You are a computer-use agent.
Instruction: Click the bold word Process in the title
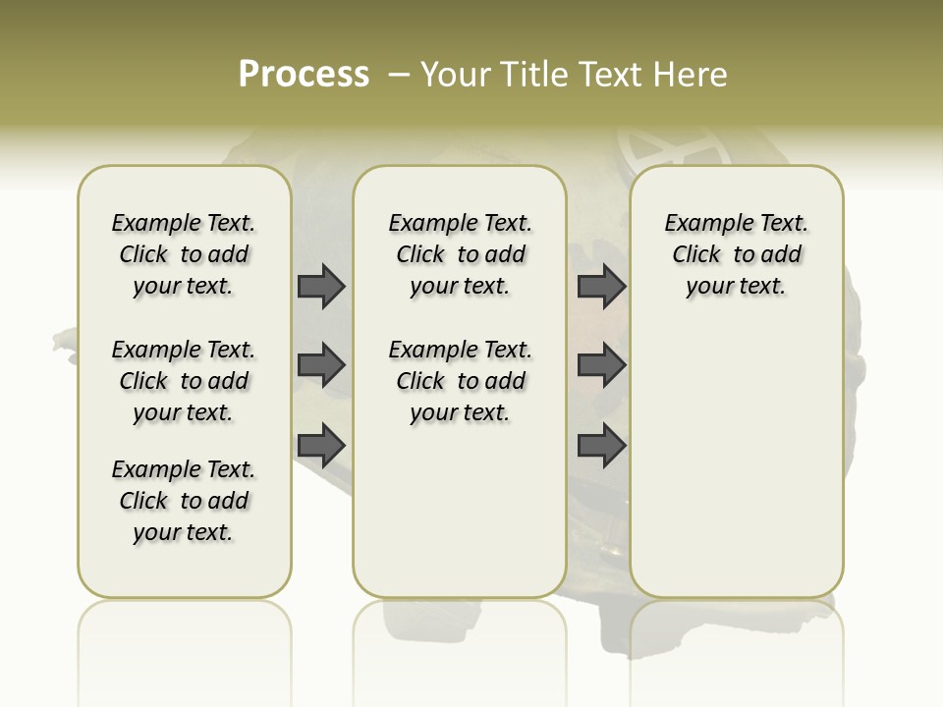[x=304, y=74]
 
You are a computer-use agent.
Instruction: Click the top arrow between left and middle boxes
[x=321, y=286]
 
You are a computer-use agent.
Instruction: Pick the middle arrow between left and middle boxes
[x=321, y=365]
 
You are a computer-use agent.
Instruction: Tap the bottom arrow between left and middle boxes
[x=321, y=445]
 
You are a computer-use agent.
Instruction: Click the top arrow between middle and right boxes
[x=601, y=286]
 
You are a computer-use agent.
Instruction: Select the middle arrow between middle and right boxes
[x=601, y=365]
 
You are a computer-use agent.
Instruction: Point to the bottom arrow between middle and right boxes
[x=601, y=445]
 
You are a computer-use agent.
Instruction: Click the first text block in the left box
[x=184, y=254]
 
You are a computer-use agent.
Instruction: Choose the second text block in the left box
[x=184, y=381]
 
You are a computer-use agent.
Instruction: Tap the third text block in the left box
[x=184, y=501]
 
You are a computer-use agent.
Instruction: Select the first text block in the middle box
[x=461, y=254]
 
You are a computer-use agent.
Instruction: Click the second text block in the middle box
[x=461, y=381]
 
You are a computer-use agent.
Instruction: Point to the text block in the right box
[x=737, y=254]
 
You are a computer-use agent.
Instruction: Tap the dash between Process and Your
[x=399, y=75]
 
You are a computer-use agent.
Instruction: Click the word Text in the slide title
[x=609, y=74]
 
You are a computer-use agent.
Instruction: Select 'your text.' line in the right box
[x=736, y=287]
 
